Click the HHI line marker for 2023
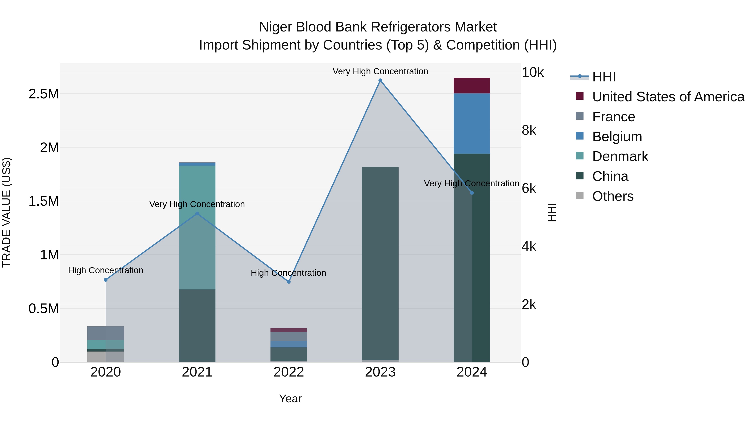(380, 80)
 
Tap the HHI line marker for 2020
(106, 280)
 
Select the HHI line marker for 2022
(289, 282)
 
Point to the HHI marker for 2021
(197, 214)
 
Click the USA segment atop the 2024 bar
(472, 86)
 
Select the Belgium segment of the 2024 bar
(472, 123)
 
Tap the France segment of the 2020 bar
(106, 333)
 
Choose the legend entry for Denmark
(620, 156)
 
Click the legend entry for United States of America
(668, 97)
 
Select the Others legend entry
(613, 196)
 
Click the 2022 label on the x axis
(289, 372)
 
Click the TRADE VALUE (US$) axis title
(7, 212)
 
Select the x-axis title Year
(290, 399)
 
